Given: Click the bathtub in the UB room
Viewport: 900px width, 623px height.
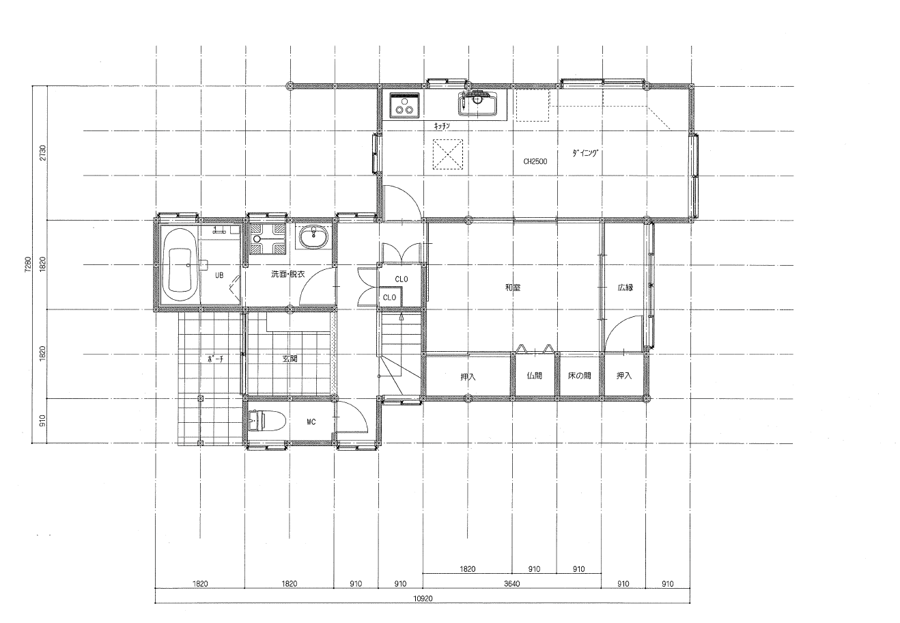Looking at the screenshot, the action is [179, 264].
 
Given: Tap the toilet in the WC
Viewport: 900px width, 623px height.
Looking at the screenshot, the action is [267, 420].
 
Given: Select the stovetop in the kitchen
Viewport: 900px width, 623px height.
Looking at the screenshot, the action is [404, 105].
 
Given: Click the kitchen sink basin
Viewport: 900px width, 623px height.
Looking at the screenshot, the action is [477, 104].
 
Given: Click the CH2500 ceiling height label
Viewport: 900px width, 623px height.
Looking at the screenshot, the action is [535, 162].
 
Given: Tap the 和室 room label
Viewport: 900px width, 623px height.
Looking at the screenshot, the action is [513, 288].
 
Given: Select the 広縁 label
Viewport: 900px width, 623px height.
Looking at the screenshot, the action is [625, 288].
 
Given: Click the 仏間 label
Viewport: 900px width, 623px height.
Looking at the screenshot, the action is [535, 376].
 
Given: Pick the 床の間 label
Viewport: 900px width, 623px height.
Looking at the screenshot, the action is [579, 376].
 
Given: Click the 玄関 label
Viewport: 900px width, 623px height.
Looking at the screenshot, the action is [290, 359].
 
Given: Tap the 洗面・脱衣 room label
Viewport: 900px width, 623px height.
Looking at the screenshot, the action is [287, 274].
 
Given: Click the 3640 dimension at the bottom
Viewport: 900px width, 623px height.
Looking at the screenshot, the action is [512, 583].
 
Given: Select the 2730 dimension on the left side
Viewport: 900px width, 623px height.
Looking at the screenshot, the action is [43, 153].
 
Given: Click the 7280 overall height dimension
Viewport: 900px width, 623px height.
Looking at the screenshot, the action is [28, 264].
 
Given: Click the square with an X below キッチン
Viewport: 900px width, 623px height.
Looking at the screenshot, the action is [447, 154].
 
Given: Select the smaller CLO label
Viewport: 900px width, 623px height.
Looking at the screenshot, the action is [389, 297].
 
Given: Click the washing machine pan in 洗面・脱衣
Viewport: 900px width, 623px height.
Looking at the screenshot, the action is [268, 239].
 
